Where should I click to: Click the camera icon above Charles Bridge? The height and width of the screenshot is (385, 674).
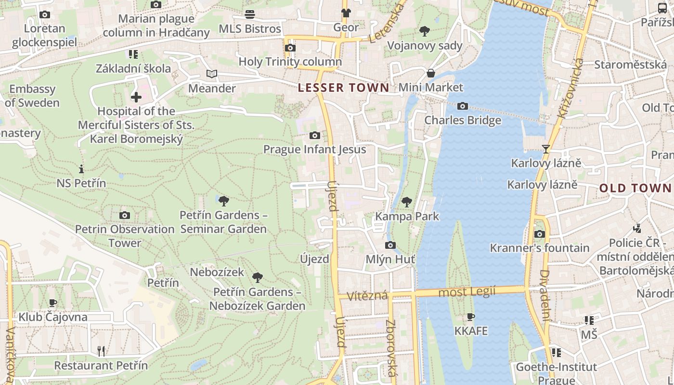[x=463, y=106]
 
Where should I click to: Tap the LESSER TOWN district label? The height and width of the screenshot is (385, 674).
[x=343, y=88]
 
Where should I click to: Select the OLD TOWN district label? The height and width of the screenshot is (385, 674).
[x=635, y=188]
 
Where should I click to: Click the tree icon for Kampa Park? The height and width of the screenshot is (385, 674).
[x=407, y=202]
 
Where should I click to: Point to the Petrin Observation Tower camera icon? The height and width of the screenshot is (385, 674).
[x=125, y=215]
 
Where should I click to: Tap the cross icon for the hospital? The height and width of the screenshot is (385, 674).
[x=136, y=97]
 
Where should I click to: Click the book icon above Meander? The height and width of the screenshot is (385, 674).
[x=212, y=74]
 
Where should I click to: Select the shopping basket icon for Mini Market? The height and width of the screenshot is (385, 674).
[x=431, y=73]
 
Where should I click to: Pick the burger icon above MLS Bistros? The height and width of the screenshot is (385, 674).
[x=250, y=14]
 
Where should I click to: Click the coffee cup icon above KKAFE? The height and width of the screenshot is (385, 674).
[x=471, y=317]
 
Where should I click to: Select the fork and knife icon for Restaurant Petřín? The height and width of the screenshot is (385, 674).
[x=101, y=351]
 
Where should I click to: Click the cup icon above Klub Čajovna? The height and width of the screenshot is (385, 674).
[x=53, y=303]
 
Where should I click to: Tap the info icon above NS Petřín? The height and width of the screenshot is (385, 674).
[x=81, y=169]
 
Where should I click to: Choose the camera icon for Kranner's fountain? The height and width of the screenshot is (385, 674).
[x=540, y=234]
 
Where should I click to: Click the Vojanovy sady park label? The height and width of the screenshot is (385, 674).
[x=425, y=46]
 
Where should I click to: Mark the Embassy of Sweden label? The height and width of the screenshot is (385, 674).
[x=33, y=96]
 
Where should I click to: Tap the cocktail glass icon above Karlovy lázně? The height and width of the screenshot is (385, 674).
[x=545, y=149]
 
